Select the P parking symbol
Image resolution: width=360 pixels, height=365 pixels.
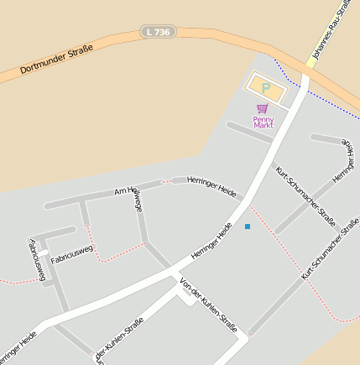click(266, 87)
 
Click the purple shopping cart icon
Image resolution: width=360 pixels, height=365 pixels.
click(263, 109)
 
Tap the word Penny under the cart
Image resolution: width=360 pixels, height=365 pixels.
click(263, 119)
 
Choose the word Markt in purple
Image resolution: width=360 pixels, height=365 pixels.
click(263, 126)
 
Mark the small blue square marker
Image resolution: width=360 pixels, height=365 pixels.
click(248, 227)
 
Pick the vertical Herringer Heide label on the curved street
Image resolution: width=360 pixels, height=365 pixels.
click(344, 160)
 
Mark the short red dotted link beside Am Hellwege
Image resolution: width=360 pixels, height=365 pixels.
click(166, 180)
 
